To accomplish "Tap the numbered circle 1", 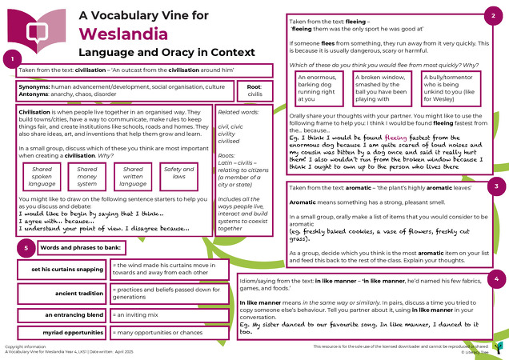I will click(x=10, y=59).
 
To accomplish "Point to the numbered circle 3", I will click(x=497, y=185).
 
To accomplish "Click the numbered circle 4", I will click(x=497, y=278).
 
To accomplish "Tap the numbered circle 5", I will click(x=26, y=249).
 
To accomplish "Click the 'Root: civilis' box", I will click(x=254, y=89).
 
